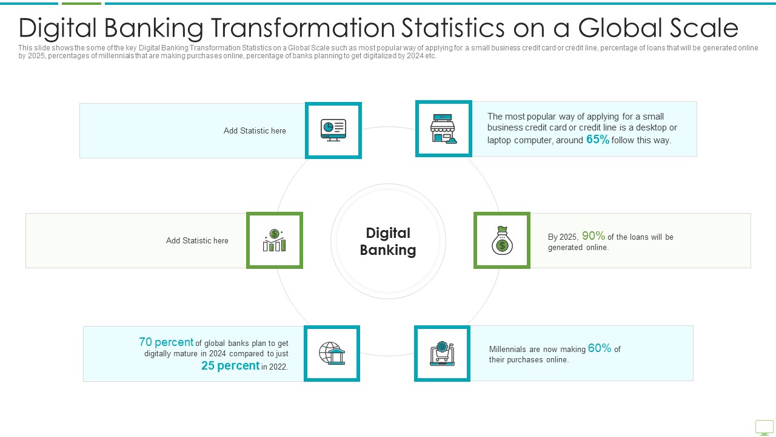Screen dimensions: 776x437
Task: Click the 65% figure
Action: (x=598, y=140)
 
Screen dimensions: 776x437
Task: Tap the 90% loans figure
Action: (x=594, y=236)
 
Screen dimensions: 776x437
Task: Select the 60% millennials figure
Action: (x=600, y=348)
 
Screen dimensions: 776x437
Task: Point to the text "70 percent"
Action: (x=166, y=342)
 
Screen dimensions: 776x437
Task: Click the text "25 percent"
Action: (x=230, y=365)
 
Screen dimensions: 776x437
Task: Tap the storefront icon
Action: (x=443, y=129)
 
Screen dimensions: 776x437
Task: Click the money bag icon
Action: (x=502, y=240)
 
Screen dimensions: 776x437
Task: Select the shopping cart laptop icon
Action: (x=442, y=353)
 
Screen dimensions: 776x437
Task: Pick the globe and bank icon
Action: (x=332, y=353)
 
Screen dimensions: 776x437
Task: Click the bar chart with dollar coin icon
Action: (x=275, y=240)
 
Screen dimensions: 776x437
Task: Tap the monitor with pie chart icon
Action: (x=333, y=130)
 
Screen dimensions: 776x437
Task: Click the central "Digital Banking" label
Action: (x=388, y=242)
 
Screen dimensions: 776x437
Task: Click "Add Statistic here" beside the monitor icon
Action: (x=255, y=130)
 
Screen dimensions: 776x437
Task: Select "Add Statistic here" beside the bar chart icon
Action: (x=197, y=241)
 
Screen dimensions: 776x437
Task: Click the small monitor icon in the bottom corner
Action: (x=764, y=428)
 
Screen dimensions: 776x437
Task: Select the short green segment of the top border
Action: (x=81, y=4)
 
